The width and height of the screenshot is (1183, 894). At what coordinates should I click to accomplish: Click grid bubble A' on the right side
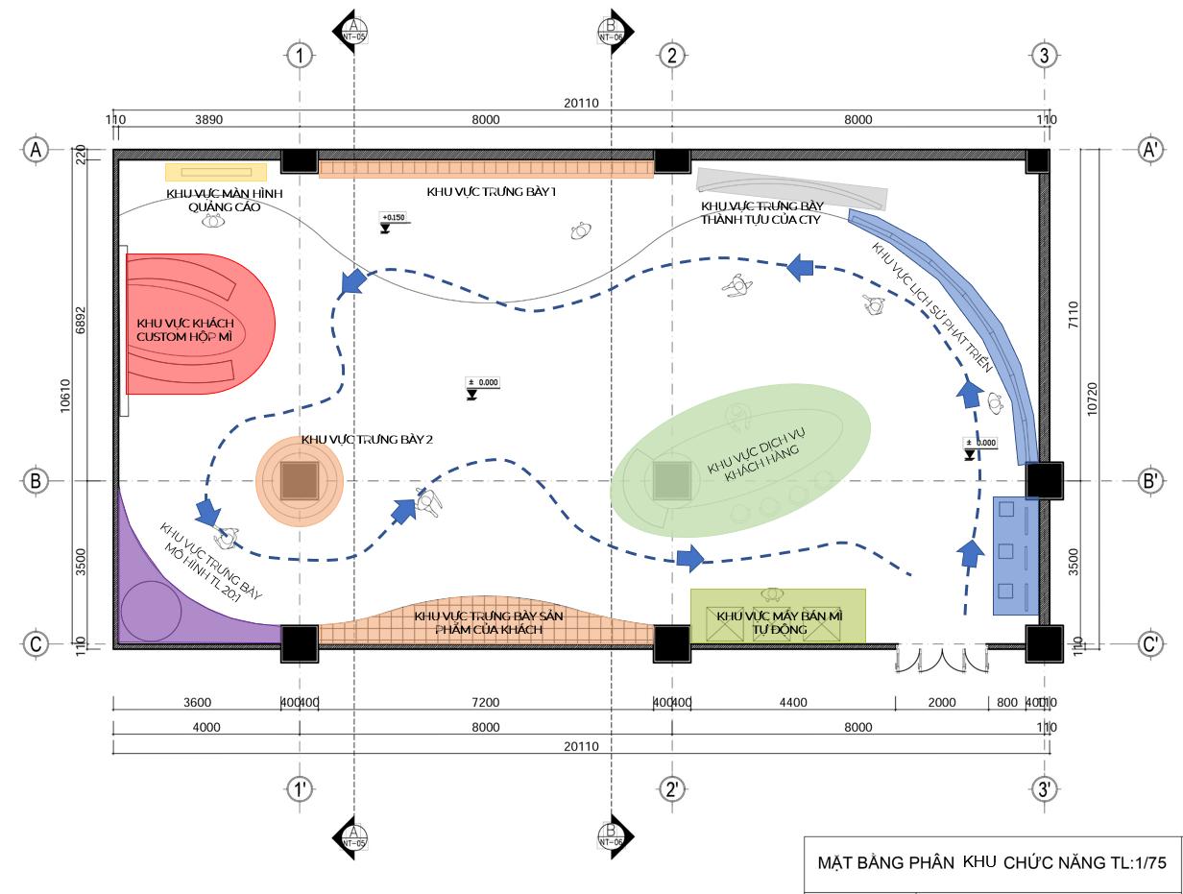coord(1150,150)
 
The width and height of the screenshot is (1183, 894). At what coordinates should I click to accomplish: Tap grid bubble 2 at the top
coord(671,56)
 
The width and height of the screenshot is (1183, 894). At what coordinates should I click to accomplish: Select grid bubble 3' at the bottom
coord(1045,789)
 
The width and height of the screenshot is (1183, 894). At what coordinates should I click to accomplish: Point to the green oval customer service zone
coord(741,457)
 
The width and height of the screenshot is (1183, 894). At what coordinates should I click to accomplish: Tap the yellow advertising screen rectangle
coord(216,172)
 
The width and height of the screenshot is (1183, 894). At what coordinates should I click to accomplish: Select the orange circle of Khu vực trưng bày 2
coord(300,480)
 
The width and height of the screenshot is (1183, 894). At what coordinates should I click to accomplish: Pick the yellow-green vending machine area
coord(778,616)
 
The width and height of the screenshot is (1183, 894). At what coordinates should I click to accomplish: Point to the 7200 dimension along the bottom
coord(486,703)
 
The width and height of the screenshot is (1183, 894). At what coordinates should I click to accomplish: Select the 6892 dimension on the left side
coord(81,320)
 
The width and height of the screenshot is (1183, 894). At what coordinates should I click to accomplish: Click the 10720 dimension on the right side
coord(1091,398)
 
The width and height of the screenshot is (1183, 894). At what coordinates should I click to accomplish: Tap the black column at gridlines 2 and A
coord(671,161)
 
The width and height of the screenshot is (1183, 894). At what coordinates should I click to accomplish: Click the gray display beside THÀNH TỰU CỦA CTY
coord(791,188)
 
